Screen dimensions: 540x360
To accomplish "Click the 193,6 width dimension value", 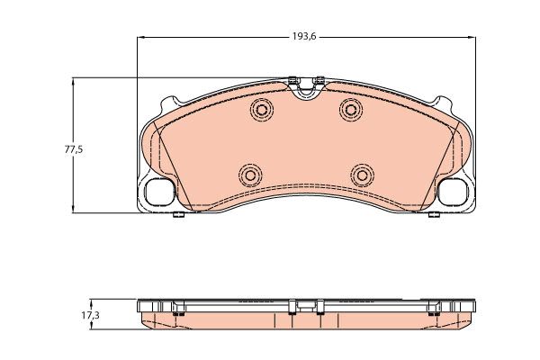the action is [x=304, y=36].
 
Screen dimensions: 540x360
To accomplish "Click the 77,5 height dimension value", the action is [x=74, y=150].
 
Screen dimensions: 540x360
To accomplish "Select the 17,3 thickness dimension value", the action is [x=91, y=314].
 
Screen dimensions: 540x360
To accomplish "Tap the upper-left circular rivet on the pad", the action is [x=262, y=110].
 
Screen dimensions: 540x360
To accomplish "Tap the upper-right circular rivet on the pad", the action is [x=351, y=110].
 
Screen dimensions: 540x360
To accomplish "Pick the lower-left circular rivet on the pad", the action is [x=250, y=175].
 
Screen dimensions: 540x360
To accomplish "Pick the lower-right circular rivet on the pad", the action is [x=362, y=175].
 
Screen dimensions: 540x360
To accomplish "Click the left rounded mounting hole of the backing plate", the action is [x=159, y=192].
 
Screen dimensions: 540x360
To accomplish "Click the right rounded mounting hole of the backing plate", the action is [x=453, y=192].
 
